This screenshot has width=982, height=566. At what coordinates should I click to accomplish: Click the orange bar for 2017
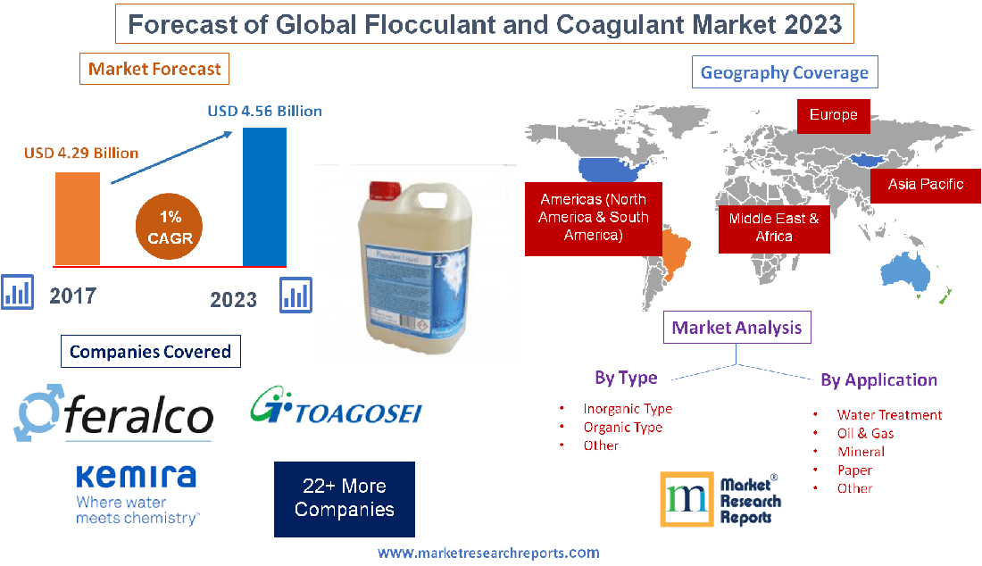[x=77, y=218]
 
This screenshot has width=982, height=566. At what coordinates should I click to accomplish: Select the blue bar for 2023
[x=264, y=196]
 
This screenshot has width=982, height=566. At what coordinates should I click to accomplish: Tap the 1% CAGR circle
[x=171, y=229]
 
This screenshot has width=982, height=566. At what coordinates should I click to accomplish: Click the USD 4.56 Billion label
[x=264, y=112]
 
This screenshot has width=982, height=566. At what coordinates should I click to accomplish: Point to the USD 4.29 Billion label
[x=81, y=153]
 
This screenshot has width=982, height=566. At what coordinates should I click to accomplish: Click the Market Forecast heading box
[x=154, y=69]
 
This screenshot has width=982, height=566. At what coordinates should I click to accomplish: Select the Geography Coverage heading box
[x=785, y=72]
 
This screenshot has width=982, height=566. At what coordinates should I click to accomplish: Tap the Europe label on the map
[x=833, y=115]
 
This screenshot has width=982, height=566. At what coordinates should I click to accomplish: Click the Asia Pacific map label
[x=926, y=184]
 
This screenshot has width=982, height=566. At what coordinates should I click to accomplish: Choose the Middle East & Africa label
[x=774, y=227]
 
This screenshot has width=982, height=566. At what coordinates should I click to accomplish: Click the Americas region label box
[x=593, y=217]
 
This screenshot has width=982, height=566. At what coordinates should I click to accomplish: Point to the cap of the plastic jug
[x=380, y=189]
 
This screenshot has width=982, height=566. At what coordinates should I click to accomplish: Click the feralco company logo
[x=114, y=413]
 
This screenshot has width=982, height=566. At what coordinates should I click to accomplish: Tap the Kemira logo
[x=136, y=493]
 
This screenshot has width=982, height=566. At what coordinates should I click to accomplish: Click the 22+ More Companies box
[x=344, y=498]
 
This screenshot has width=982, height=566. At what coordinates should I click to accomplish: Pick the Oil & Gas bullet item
[x=865, y=433]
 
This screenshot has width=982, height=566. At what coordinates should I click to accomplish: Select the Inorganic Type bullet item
[x=628, y=409]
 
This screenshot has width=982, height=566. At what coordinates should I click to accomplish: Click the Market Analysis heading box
[x=736, y=328]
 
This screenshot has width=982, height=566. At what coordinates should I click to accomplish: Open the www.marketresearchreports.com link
[x=488, y=554]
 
